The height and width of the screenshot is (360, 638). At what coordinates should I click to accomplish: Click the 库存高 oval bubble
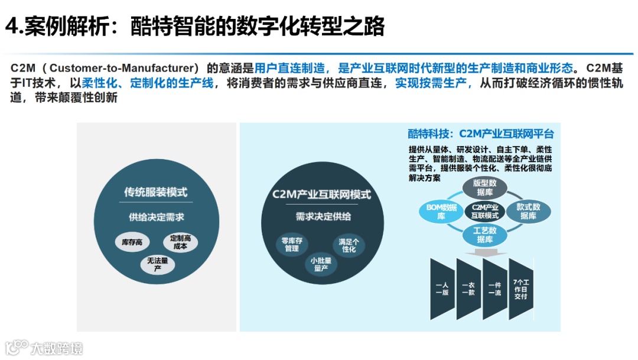pos(132,242)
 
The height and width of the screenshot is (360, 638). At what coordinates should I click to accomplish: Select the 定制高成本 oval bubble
pos(180,242)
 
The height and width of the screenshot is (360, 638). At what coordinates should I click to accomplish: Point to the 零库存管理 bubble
pos(292,245)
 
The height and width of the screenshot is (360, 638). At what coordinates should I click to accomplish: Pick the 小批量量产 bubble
pos(321,264)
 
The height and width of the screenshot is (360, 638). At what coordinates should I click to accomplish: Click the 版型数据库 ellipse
pos(484,188)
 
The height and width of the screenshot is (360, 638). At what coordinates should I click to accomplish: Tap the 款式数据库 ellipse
pos(528,212)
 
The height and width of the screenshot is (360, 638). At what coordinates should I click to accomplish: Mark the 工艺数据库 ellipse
pos(484,234)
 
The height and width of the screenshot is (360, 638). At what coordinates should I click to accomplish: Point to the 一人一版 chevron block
pos(442,289)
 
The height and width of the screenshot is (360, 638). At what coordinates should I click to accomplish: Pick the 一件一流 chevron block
pos(495,289)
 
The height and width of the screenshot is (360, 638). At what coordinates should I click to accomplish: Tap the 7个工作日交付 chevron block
pos(521,289)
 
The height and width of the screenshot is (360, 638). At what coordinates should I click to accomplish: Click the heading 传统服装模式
pos(156,193)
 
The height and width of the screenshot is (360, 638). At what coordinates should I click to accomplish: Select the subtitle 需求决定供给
pos(321,217)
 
